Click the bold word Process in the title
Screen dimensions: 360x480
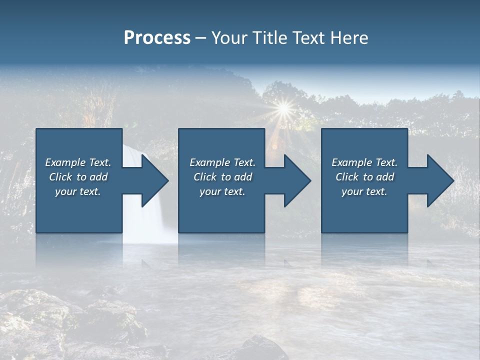pyautogui.click(x=157, y=38)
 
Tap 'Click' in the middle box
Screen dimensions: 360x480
pyautogui.click(x=204, y=177)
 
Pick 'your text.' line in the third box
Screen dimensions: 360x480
pyautogui.click(x=364, y=191)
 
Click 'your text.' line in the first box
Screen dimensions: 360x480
pyautogui.click(x=77, y=191)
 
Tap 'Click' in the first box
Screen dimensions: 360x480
pyautogui.click(x=60, y=177)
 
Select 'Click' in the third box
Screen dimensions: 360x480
pyautogui.click(x=346, y=177)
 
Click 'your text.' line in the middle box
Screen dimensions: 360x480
pyautogui.click(x=222, y=191)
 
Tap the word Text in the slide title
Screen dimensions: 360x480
pyautogui.click(x=307, y=38)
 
